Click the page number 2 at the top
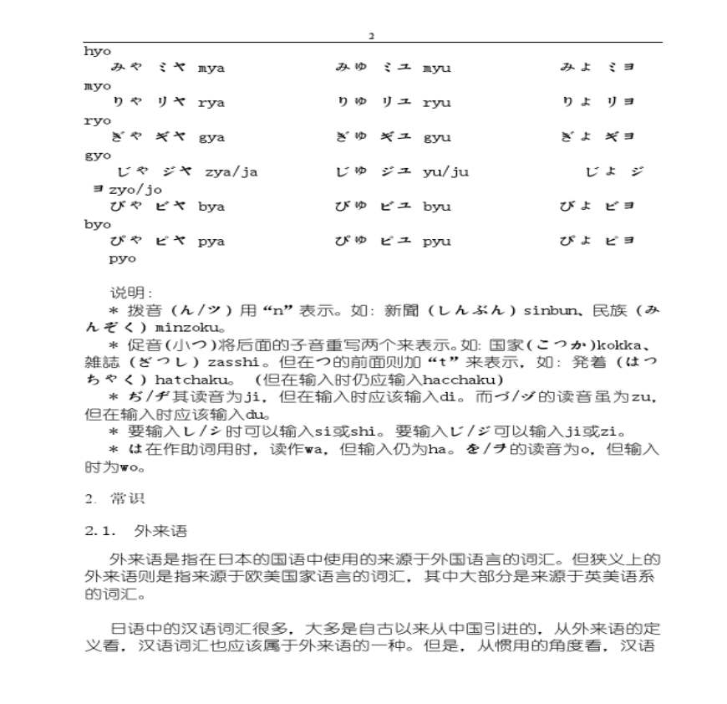pyautogui.click(x=372, y=36)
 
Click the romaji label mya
pyautogui.click(x=211, y=68)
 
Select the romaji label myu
pyautogui.click(x=436, y=68)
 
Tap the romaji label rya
pyautogui.click(x=211, y=103)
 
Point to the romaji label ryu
pyautogui.click(x=436, y=103)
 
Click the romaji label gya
pyautogui.click(x=211, y=137)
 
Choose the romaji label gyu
pyautogui.click(x=436, y=137)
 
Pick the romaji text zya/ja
pyautogui.click(x=231, y=172)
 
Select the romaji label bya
pyautogui.click(x=211, y=207)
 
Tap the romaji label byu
pyautogui.click(x=436, y=207)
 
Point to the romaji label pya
pyautogui.click(x=211, y=242)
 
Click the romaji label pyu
pyautogui.click(x=436, y=242)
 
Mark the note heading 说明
pyautogui.click(x=130, y=293)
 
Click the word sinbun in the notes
pyautogui.click(x=546, y=311)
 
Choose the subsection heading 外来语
pyautogui.click(x=160, y=531)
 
